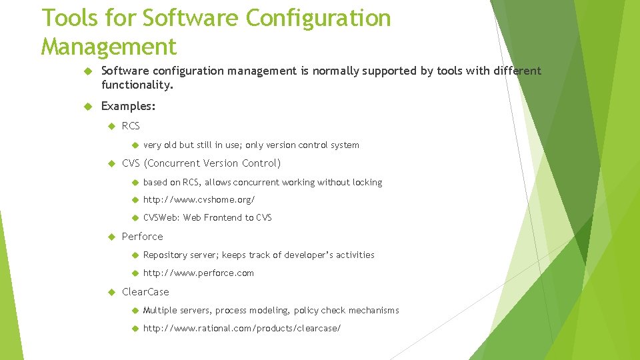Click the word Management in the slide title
pyautogui.click(x=109, y=47)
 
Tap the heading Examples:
pyautogui.click(x=128, y=106)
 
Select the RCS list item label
pyautogui.click(x=131, y=126)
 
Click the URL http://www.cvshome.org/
pyautogui.click(x=199, y=199)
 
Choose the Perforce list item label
pyautogui.click(x=142, y=236)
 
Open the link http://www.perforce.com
pyautogui.click(x=198, y=273)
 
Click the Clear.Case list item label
pyautogui.click(x=145, y=291)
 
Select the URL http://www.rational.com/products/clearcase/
pyautogui.click(x=241, y=328)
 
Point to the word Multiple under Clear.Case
pyautogui.click(x=161, y=310)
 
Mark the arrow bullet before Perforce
pyautogui.click(x=111, y=237)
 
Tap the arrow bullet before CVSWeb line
pyautogui.click(x=133, y=217)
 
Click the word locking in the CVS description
pyautogui.click(x=367, y=182)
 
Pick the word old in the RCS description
pyautogui.click(x=169, y=145)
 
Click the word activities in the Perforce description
pyautogui.click(x=355, y=255)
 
